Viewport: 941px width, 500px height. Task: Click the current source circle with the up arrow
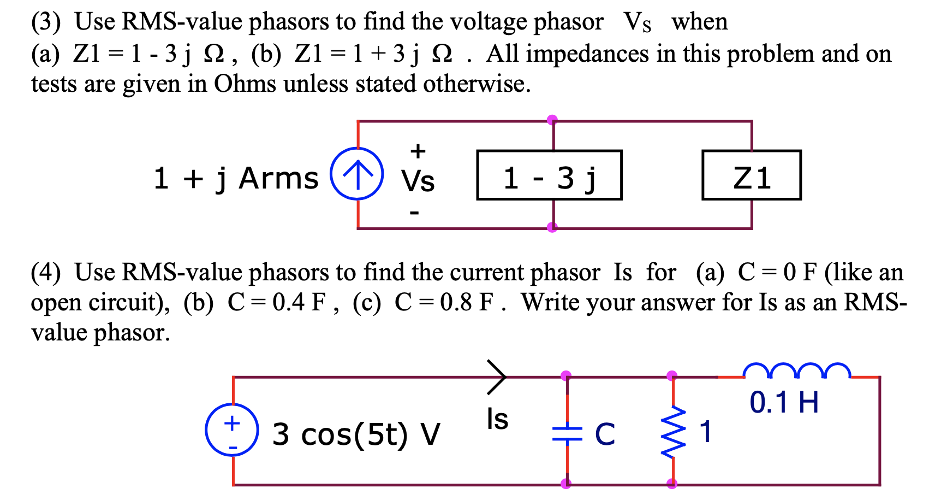click(357, 174)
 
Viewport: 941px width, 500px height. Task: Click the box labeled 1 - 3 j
click(549, 175)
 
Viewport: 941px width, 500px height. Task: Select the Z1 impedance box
click(751, 175)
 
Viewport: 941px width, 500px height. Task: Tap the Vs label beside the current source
click(418, 181)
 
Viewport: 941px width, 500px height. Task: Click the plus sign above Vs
click(418, 151)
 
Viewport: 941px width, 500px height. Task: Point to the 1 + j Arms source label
click(236, 179)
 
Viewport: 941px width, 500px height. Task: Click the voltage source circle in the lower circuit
click(232, 430)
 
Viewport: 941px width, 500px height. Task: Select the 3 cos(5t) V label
click(356, 434)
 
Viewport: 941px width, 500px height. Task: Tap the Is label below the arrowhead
click(497, 420)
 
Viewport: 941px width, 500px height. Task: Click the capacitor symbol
click(567, 433)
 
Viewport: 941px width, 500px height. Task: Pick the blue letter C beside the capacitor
click(605, 434)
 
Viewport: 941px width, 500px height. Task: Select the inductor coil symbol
click(796, 370)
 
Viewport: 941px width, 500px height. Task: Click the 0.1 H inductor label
click(784, 403)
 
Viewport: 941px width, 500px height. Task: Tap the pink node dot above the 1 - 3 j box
click(552, 120)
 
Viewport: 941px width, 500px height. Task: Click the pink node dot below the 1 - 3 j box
click(552, 227)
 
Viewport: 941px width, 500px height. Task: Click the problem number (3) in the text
click(46, 22)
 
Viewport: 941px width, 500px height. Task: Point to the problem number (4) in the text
click(46, 273)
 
